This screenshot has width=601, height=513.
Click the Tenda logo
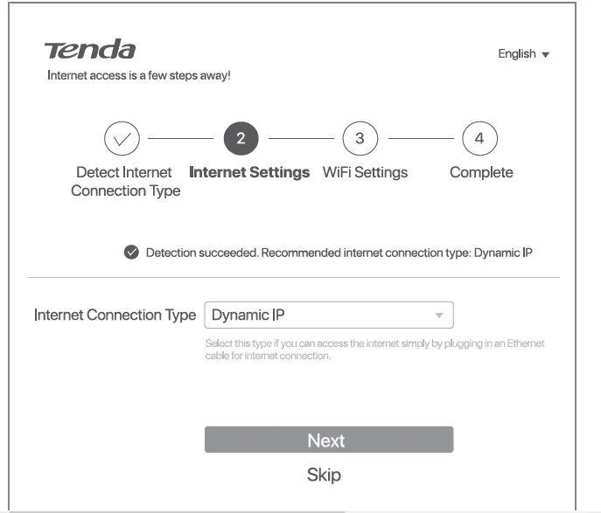click(x=90, y=50)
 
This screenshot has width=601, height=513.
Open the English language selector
click(x=523, y=54)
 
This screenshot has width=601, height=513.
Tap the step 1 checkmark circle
click(x=122, y=139)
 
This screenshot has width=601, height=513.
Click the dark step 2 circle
click(x=241, y=139)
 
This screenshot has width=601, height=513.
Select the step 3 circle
click(x=360, y=139)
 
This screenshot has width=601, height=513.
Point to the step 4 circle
click(x=479, y=139)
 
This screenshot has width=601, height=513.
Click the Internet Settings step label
click(x=249, y=173)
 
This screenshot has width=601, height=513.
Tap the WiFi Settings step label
click(x=365, y=173)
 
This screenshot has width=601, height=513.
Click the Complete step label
click(x=481, y=173)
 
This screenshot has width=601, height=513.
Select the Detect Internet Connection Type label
click(x=125, y=182)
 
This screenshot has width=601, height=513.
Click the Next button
click(x=328, y=440)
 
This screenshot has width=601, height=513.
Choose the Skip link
click(x=324, y=475)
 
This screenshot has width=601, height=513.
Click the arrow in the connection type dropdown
click(x=439, y=315)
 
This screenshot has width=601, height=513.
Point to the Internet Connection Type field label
click(x=115, y=315)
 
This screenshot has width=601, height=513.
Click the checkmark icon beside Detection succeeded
click(x=131, y=253)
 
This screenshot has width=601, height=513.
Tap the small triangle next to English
click(x=546, y=55)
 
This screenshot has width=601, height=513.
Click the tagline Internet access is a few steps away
click(x=138, y=76)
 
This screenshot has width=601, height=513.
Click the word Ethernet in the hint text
click(x=524, y=343)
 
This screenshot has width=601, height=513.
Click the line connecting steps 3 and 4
click(x=420, y=139)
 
